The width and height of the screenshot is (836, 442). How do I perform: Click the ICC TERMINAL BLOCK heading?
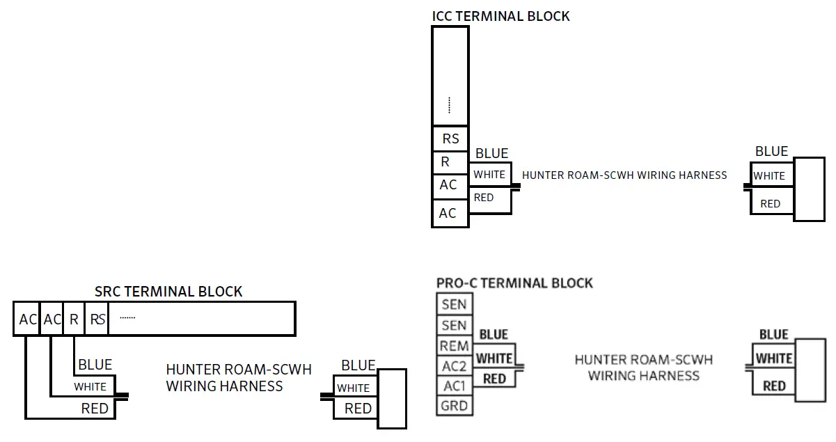coord(500,16)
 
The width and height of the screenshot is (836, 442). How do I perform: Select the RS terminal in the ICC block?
coord(450,139)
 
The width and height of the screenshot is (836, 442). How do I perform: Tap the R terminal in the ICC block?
coord(445,162)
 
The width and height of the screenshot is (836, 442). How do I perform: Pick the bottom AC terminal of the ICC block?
coord(448,213)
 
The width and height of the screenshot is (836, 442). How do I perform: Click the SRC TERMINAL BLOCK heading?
coord(168,292)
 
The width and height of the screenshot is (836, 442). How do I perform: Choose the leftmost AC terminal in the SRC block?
coord(27,319)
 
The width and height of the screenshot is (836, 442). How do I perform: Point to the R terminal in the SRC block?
coord(74,319)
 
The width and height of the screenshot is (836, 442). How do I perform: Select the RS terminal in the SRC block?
coord(97,319)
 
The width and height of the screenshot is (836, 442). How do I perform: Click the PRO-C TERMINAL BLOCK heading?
coord(514,283)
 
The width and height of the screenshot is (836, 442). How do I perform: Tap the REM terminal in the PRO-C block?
coord(455,346)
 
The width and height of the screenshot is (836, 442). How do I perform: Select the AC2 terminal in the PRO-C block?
coord(455,366)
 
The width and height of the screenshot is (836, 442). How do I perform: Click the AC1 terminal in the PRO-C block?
coord(455,386)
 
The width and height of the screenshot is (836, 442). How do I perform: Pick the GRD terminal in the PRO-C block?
coord(455,406)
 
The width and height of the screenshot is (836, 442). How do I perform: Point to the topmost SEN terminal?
coord(455,304)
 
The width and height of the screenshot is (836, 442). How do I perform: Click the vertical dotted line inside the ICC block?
coord(450,105)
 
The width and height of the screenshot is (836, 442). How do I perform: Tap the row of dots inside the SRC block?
coord(127,318)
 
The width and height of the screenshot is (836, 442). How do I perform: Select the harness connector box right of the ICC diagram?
coord(810,189)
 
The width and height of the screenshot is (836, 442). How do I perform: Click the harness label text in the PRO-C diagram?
coord(643,368)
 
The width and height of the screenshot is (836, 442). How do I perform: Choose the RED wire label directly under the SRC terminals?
coord(95,409)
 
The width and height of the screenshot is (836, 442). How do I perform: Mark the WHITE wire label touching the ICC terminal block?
coord(489,175)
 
